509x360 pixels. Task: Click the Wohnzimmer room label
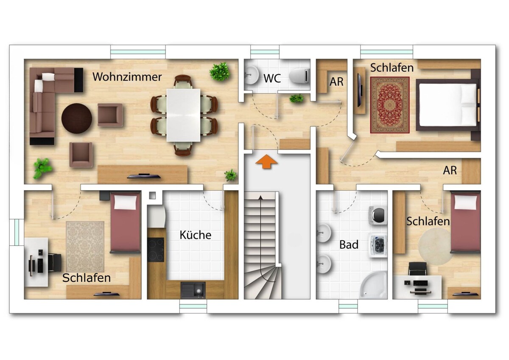127,77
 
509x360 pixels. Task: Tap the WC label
272,79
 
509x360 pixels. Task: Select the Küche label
196,235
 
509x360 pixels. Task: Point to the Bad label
349,245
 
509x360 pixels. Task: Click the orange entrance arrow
266,162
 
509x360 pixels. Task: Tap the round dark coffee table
77,118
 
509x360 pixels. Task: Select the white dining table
183,115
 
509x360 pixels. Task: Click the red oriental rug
390,105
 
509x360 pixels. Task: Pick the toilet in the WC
299,76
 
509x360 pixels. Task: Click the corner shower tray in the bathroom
374,284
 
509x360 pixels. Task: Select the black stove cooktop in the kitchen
155,250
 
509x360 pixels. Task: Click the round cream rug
434,247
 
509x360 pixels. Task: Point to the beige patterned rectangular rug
85,247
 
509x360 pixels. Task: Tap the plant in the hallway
296,98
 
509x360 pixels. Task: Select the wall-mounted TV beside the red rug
360,90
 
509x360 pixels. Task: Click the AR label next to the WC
336,82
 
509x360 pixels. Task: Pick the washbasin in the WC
252,75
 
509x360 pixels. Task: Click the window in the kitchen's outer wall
193,306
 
